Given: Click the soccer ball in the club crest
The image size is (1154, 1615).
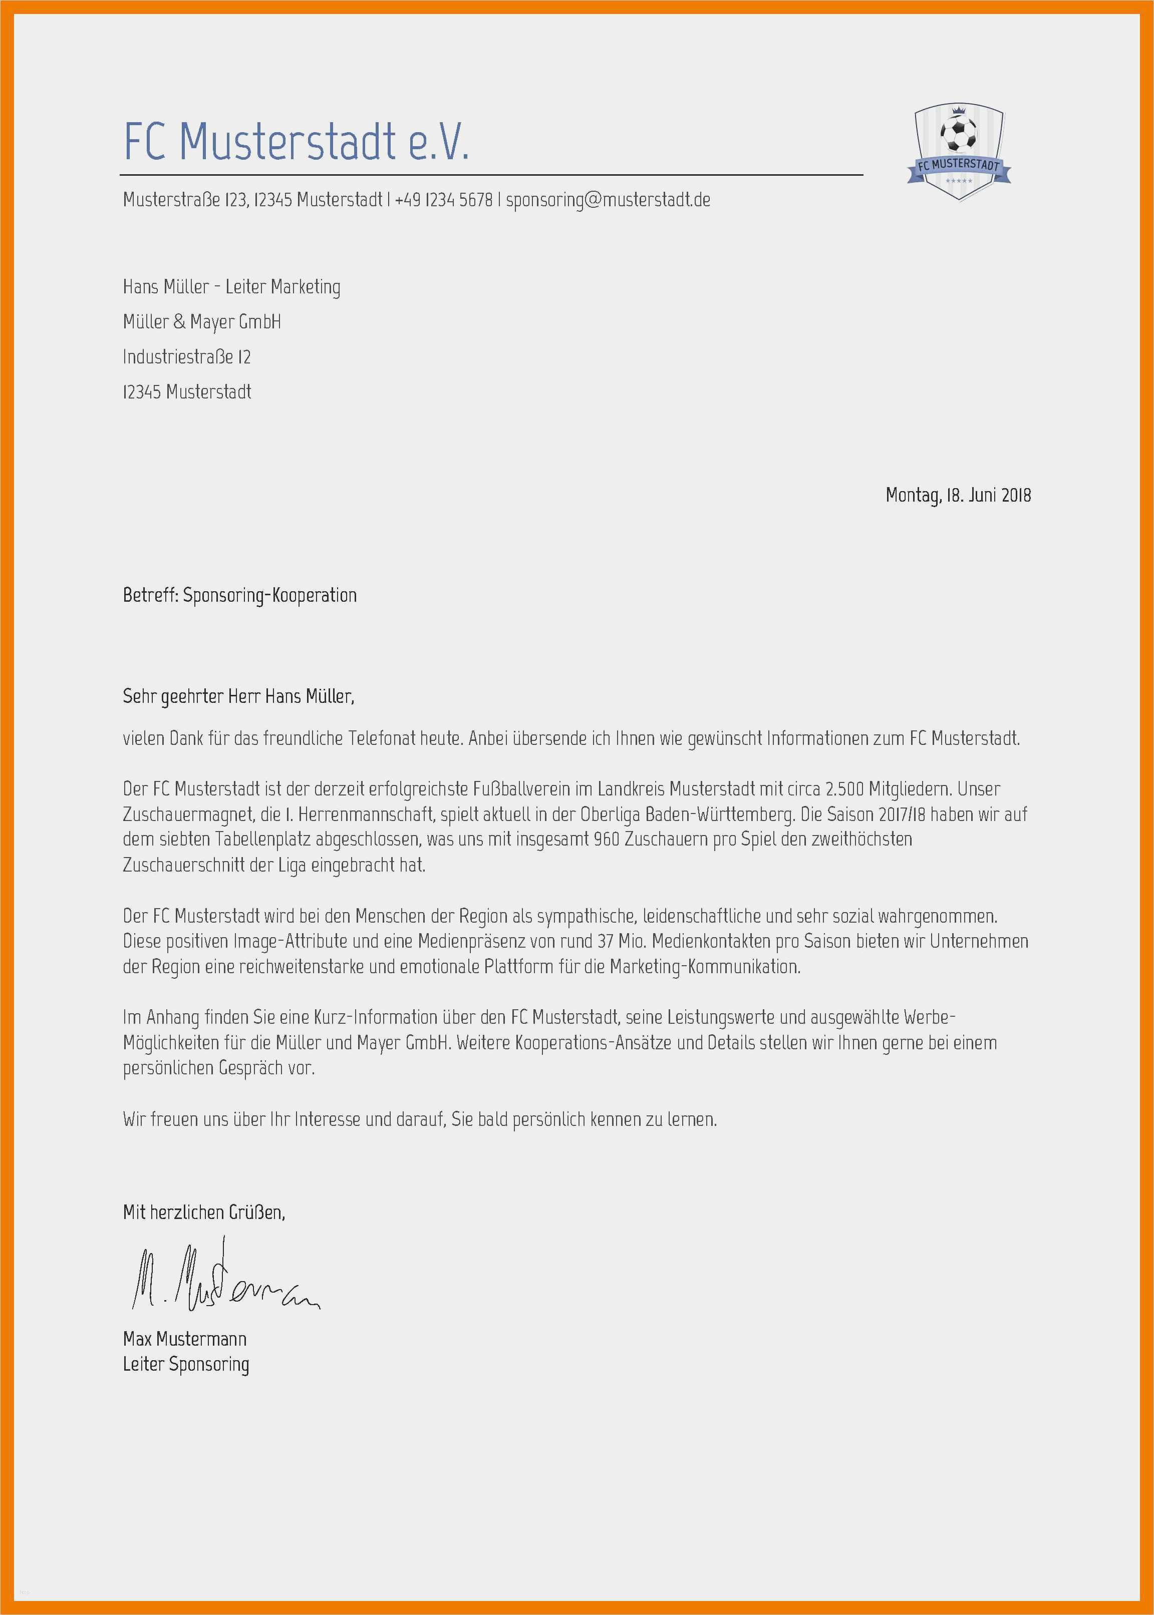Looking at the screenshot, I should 958,134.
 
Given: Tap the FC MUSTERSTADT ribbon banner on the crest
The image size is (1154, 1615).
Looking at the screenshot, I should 959,168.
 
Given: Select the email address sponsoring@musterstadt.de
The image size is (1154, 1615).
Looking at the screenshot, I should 608,200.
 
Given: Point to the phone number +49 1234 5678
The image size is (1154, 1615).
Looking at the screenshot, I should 443,200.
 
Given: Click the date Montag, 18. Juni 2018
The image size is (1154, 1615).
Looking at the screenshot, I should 958,495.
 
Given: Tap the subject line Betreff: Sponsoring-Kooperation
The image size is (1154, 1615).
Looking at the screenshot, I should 239,595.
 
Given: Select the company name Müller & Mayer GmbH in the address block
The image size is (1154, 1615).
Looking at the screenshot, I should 202,322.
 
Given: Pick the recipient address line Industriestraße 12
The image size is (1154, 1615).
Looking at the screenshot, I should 187,356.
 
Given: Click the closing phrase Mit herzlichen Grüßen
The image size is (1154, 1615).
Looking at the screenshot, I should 204,1212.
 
